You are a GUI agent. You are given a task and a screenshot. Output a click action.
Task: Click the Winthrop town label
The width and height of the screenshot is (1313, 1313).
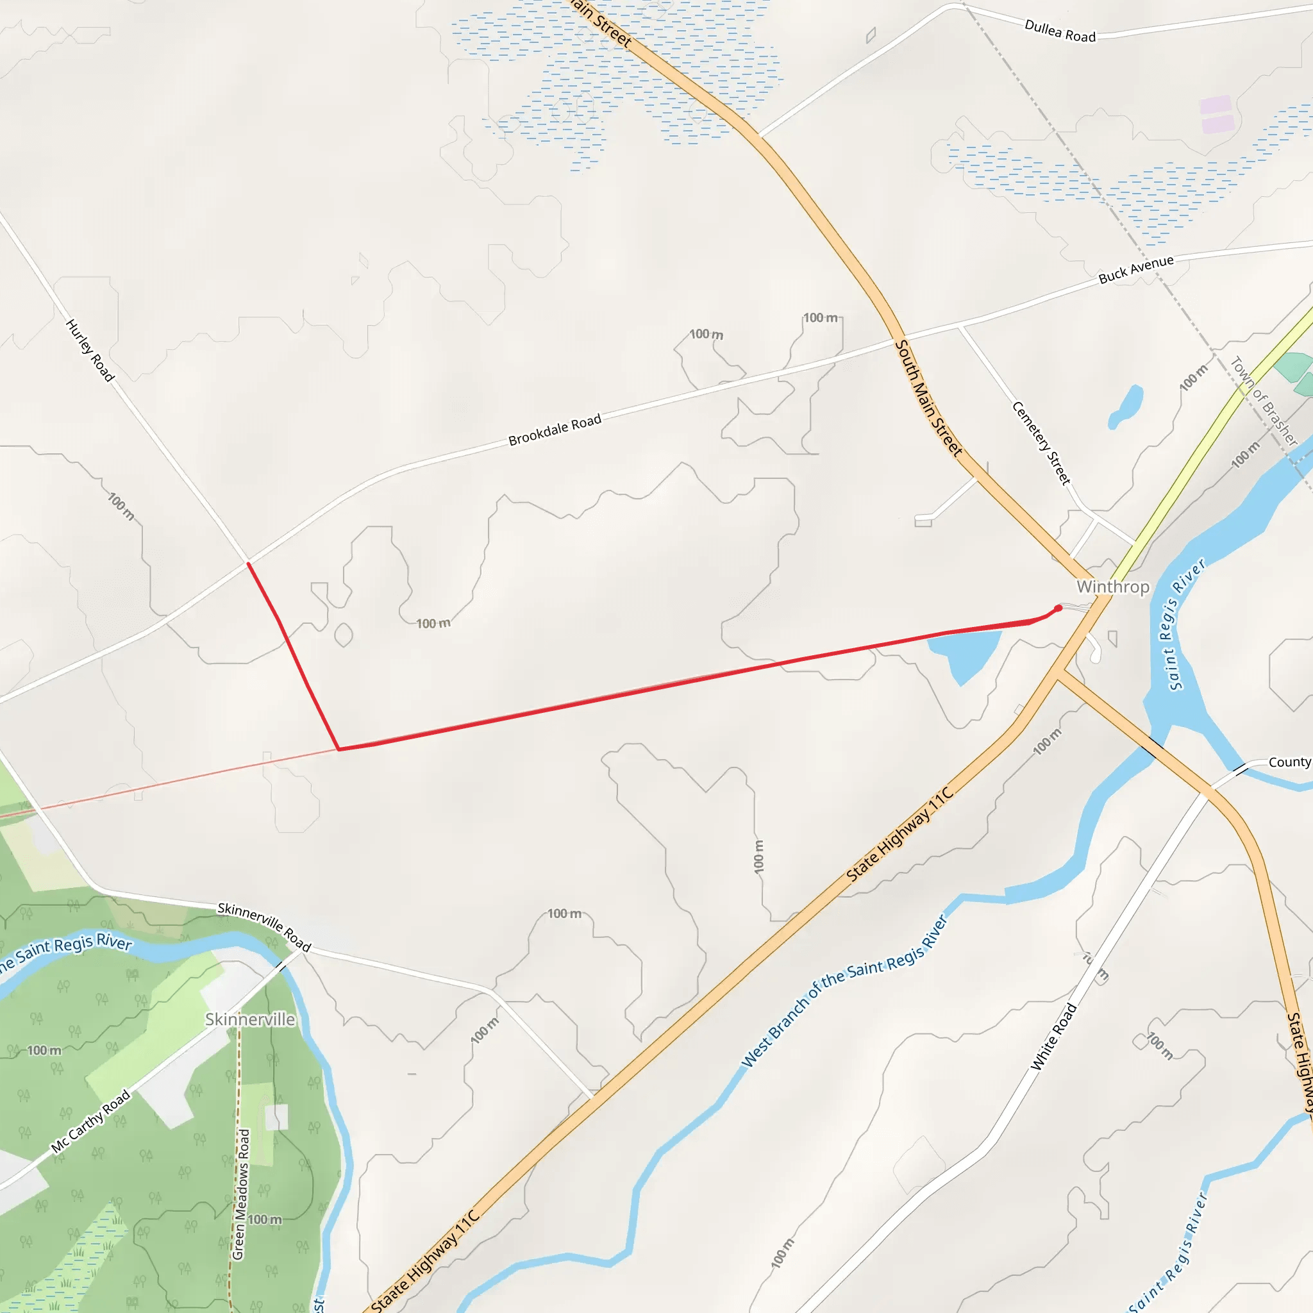[x=1112, y=587]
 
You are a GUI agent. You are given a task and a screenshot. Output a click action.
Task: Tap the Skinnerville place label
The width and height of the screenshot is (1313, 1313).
[x=250, y=1019]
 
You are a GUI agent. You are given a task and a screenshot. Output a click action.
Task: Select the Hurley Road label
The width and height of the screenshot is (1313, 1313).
[x=90, y=351]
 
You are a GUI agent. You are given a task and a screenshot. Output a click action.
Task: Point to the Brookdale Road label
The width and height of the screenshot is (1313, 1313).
[x=555, y=430]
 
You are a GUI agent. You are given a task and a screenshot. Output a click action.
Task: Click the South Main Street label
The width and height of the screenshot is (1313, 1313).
[x=928, y=398]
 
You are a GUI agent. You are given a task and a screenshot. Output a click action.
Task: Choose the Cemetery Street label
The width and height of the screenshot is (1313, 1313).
[x=1041, y=443]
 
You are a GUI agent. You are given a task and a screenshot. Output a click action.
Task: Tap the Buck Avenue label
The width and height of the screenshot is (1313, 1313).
[x=1136, y=269]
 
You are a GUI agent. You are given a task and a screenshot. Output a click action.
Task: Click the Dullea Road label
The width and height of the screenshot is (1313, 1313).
[x=1060, y=31]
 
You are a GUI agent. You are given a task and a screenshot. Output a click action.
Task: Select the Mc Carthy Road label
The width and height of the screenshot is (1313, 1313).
[x=91, y=1121]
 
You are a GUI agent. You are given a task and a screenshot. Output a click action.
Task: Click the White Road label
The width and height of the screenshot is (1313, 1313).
[x=1054, y=1037]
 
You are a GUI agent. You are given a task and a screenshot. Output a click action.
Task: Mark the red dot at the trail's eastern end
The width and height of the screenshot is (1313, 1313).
[x=1058, y=608]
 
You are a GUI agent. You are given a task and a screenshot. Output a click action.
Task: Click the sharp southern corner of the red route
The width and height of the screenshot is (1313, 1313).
[x=339, y=749]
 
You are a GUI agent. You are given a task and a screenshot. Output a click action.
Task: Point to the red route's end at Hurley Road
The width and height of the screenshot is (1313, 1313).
[x=248, y=564]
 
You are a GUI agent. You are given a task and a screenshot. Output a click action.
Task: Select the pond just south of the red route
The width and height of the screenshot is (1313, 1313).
[x=964, y=653]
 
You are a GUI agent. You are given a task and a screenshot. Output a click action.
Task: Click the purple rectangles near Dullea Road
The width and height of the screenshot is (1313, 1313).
[x=1216, y=114]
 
